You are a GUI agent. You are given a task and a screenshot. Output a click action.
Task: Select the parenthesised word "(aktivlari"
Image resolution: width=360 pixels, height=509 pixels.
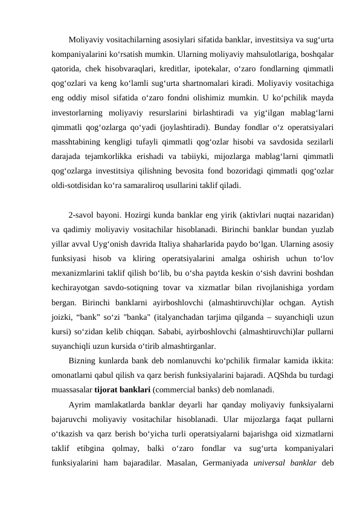[241, 215]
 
